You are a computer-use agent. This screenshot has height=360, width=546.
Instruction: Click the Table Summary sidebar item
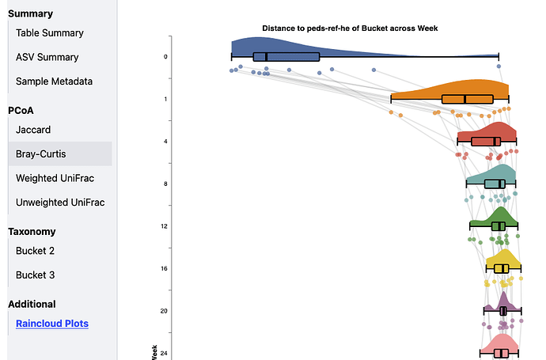(49, 33)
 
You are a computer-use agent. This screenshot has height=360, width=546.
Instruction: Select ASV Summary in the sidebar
(47, 58)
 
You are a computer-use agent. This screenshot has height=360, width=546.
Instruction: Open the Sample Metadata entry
(54, 81)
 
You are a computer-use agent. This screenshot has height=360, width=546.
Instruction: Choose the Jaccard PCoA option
(33, 129)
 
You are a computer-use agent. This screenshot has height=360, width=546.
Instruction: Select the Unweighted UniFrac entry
(65, 203)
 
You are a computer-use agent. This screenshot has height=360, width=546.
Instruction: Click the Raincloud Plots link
(52, 324)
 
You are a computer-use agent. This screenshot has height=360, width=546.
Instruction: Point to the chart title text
(351, 28)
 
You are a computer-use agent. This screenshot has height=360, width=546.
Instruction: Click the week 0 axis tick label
(165, 57)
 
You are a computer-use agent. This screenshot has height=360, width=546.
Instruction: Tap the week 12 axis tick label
(164, 226)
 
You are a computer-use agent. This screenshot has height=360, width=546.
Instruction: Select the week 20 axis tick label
(164, 311)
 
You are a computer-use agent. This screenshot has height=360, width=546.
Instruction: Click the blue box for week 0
(286, 57)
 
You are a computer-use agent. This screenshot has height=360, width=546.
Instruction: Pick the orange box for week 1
(467, 99)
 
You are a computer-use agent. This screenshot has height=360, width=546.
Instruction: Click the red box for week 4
(486, 142)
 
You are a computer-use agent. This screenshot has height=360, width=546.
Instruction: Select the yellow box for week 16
(501, 269)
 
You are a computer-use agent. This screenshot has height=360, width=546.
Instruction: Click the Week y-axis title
(153, 351)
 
